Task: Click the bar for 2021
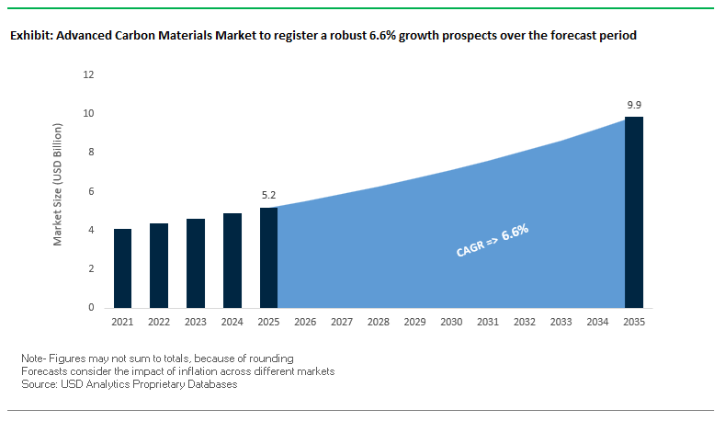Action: pos(122,267)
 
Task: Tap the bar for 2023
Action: pos(196,263)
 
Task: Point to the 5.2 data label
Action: pos(268,196)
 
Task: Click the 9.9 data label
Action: pos(634,106)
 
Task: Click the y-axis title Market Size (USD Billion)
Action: pos(58,191)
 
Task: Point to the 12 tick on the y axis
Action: pos(89,74)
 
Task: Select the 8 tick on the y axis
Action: pos(92,153)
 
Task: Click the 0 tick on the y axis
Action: pos(92,307)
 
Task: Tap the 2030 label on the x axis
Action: pos(451,323)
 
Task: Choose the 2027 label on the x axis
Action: pos(342,323)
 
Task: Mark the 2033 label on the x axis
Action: pos(561,323)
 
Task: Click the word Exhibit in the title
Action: pos(30,36)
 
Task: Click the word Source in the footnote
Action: pos(38,384)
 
